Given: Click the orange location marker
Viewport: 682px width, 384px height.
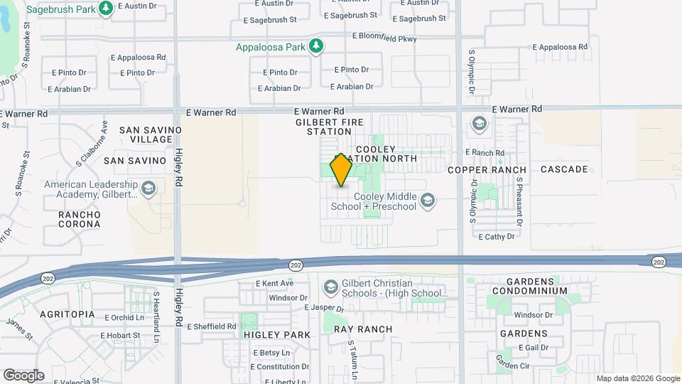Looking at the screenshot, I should (x=342, y=170).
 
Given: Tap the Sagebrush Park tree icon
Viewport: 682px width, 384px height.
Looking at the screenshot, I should (x=106, y=9).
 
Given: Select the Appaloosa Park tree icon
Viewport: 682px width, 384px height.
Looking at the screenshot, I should (x=316, y=48).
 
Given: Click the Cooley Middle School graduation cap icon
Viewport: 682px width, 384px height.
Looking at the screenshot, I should (x=427, y=201).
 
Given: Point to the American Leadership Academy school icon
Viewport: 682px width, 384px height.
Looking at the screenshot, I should (x=148, y=188).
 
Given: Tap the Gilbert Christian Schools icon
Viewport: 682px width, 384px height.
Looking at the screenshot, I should (x=330, y=287).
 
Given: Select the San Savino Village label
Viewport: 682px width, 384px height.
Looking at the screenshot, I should (x=146, y=134).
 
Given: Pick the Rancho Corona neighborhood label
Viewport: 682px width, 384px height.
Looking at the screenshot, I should (x=79, y=219).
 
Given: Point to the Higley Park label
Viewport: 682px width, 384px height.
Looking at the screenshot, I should (x=277, y=334).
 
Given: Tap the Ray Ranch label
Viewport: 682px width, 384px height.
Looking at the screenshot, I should (x=363, y=329).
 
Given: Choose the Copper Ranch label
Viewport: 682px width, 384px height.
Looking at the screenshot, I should (x=487, y=170).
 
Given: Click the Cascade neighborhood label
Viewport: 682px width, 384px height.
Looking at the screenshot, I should (x=564, y=169).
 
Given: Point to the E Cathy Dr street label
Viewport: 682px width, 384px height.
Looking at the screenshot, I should (x=501, y=237).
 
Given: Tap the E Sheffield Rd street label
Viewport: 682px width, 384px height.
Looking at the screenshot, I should (x=211, y=326).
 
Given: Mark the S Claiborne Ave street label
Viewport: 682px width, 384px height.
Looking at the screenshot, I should (x=91, y=143).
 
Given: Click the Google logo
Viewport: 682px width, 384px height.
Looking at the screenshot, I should (x=23, y=375).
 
